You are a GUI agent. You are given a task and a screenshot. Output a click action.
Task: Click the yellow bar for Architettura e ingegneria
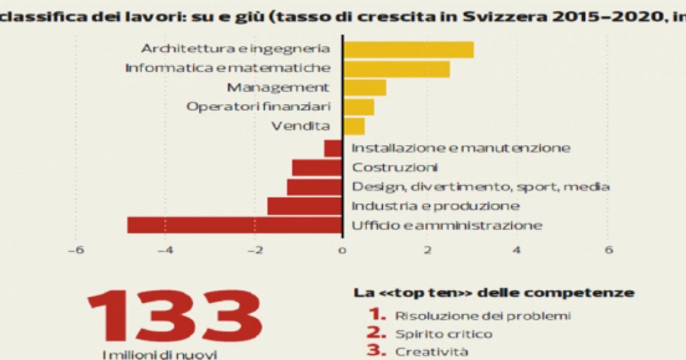408,50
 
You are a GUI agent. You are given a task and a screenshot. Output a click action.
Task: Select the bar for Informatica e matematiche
396,69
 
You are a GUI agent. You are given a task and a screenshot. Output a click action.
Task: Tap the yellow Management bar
364,88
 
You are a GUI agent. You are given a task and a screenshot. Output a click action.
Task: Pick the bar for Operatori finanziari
358,108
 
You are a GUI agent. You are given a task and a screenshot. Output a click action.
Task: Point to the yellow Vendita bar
354,127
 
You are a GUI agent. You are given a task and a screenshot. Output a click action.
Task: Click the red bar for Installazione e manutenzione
333,148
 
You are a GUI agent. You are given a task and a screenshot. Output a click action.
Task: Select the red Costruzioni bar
317,168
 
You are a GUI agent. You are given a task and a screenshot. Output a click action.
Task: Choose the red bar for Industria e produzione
304,206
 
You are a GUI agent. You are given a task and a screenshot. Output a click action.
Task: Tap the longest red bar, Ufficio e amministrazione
234,225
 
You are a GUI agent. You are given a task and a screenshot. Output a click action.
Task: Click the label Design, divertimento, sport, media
480,187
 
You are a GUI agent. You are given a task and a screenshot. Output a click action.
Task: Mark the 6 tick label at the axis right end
608,250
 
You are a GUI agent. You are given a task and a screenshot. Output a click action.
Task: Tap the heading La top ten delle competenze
494,292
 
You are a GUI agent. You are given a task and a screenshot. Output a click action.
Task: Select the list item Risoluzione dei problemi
483,315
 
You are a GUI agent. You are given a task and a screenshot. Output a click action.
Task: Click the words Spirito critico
444,334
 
